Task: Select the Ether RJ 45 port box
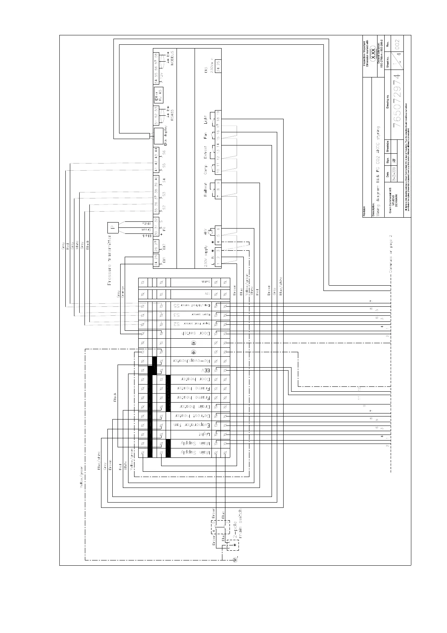[159, 94]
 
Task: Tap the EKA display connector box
[159, 134]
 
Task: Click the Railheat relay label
[205, 190]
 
